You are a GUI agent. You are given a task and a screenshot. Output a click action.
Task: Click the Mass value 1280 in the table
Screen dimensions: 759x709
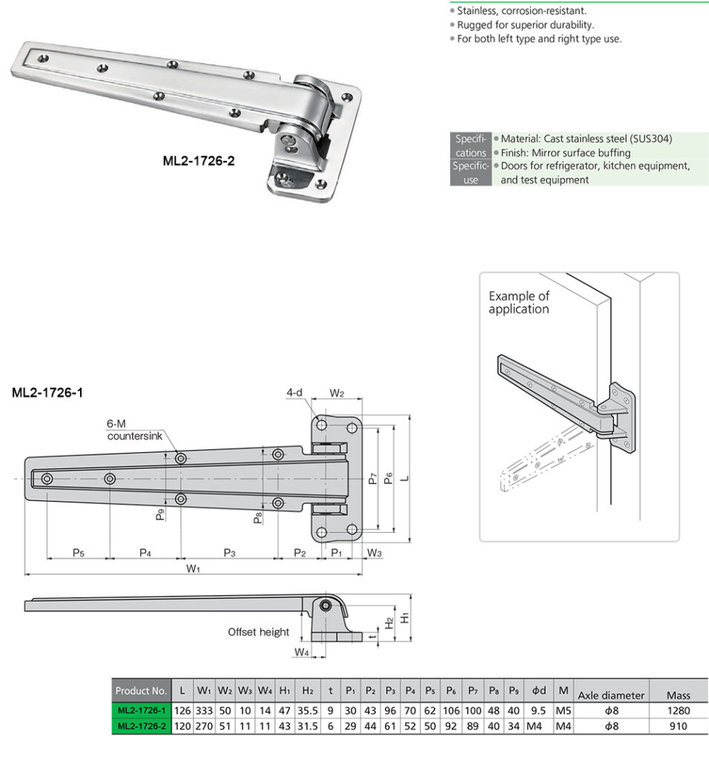(678, 710)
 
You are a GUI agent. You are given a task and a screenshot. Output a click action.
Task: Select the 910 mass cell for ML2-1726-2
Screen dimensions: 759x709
(678, 726)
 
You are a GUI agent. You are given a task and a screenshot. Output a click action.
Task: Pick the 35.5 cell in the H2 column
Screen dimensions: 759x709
(307, 710)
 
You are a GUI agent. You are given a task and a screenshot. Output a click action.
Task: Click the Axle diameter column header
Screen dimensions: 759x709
(610, 695)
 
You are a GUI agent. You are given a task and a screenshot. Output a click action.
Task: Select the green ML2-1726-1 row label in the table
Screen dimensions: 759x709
(141, 710)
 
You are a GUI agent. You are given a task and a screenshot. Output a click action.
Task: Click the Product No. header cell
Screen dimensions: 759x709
(141, 692)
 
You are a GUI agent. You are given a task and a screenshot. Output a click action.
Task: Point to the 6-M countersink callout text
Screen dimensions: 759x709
(133, 430)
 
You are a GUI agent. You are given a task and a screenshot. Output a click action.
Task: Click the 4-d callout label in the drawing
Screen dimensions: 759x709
(294, 392)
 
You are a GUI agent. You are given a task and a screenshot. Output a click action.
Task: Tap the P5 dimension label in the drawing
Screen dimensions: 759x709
(78, 552)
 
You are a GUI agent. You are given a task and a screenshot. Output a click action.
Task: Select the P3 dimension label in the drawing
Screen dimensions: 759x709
(229, 552)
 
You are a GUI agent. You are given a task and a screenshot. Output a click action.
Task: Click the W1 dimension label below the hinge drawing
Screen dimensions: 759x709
(194, 569)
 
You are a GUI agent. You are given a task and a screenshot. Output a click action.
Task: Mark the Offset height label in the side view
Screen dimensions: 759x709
(258, 632)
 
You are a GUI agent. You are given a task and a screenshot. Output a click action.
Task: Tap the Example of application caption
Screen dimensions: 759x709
(518, 302)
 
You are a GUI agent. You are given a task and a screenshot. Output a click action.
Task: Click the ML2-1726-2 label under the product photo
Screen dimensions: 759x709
(199, 160)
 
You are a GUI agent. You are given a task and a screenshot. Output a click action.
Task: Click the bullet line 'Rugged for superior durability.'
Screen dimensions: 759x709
(525, 24)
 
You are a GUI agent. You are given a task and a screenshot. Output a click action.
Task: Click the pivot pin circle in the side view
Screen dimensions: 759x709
(326, 606)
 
